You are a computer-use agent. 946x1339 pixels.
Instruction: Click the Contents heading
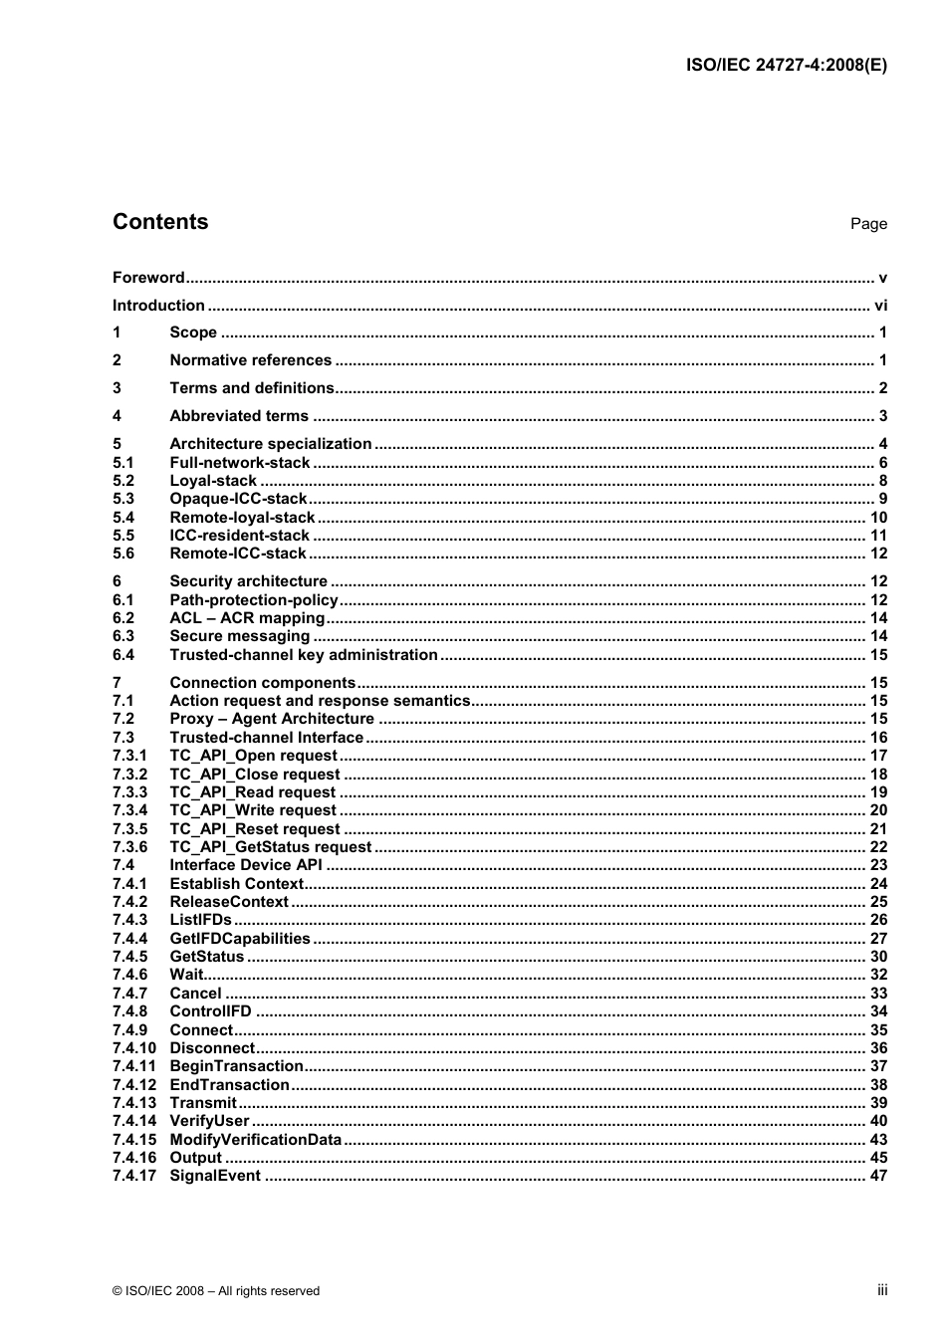click(160, 222)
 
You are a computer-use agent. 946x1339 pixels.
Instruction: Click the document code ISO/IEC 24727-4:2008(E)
click(786, 66)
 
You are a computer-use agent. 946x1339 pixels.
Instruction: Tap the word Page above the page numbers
click(867, 224)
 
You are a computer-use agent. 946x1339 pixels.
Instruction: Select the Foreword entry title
click(148, 278)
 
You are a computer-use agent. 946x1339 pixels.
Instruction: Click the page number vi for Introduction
click(880, 306)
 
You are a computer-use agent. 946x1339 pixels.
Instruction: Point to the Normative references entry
click(250, 360)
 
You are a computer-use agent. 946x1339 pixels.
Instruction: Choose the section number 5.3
click(123, 499)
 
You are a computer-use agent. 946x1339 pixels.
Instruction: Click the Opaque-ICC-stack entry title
click(238, 499)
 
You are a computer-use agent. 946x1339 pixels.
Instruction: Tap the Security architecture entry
click(248, 581)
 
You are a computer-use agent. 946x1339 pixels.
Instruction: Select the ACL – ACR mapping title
click(247, 618)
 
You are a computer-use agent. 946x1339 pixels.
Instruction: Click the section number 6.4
click(123, 655)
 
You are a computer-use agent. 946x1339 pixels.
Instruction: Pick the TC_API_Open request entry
click(253, 756)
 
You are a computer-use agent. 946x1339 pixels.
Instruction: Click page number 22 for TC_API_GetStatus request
click(878, 847)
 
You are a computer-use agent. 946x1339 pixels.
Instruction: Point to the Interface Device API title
click(246, 865)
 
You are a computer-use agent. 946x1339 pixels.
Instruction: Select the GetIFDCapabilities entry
click(240, 939)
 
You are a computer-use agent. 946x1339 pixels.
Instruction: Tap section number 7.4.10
click(134, 1048)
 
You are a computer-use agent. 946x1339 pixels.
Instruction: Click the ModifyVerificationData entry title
click(255, 1140)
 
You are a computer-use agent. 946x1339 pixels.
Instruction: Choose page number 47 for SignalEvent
click(878, 1176)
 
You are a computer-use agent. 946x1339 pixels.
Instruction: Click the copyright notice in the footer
click(216, 1291)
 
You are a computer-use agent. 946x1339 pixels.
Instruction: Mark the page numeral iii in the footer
click(881, 1290)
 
